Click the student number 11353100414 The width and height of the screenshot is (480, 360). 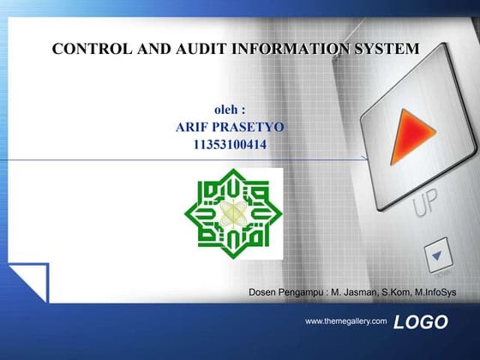(230, 145)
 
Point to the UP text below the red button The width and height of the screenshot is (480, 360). (426, 206)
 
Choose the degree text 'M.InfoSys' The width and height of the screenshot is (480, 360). (435, 294)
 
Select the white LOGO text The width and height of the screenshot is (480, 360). (421, 322)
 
